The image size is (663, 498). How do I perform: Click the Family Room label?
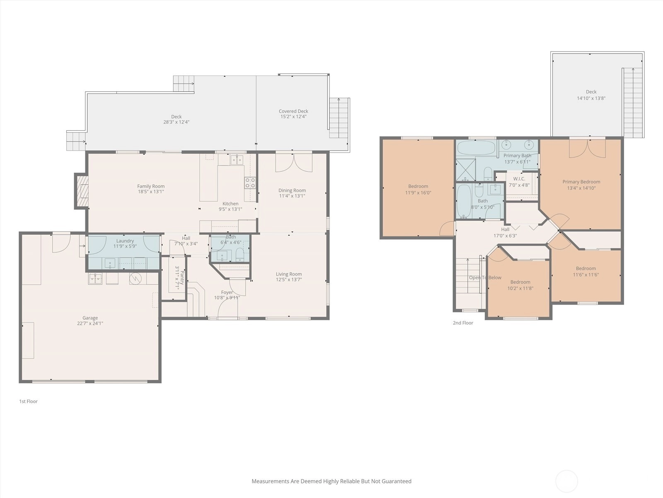(151, 186)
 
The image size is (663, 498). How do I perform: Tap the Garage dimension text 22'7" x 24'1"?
(90, 323)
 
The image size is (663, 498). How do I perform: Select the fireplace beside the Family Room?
(82, 191)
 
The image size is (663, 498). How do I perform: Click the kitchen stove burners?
(250, 183)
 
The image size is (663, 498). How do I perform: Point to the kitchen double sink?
(237, 160)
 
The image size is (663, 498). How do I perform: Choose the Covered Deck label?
(293, 111)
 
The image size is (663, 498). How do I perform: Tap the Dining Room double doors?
(294, 163)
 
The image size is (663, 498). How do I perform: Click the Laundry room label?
(125, 241)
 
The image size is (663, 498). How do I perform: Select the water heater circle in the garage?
(135, 278)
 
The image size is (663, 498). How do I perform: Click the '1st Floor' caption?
(29, 401)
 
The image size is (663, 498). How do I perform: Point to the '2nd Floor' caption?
(463, 322)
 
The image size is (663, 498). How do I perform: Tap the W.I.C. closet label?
(519, 179)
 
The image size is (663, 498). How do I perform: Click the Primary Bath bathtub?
(476, 148)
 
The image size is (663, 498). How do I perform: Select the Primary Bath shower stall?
(465, 170)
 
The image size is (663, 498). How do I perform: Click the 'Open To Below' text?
(485, 277)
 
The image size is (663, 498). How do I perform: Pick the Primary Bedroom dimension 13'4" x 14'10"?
(581, 188)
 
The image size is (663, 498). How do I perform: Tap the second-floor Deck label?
(591, 92)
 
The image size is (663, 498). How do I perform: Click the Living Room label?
(289, 274)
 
